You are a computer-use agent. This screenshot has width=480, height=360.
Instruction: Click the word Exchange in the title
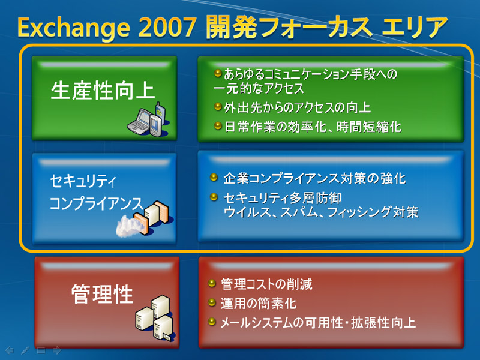click(x=74, y=28)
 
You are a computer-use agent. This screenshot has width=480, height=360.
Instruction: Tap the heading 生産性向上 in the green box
click(x=103, y=91)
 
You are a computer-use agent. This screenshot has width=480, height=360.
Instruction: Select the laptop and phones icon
click(x=148, y=119)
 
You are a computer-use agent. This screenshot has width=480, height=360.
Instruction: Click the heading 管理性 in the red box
click(x=102, y=294)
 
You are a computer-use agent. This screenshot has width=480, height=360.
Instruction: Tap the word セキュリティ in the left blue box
click(x=83, y=181)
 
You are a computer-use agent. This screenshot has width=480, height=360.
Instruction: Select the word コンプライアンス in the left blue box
click(x=97, y=203)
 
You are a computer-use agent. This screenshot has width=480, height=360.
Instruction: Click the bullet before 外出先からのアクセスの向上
click(x=218, y=107)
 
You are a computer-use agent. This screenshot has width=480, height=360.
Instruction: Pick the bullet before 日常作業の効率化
click(x=218, y=125)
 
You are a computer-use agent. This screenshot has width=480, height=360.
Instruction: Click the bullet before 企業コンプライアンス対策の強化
click(x=214, y=177)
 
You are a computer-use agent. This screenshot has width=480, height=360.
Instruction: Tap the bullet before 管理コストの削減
click(x=212, y=283)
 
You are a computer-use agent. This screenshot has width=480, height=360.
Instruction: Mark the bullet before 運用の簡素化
click(x=212, y=302)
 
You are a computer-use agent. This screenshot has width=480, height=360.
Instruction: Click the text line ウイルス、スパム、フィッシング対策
click(x=321, y=212)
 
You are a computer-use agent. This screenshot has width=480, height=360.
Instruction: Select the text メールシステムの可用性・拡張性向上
click(x=318, y=323)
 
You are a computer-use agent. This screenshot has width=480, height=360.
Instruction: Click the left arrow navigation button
click(x=10, y=350)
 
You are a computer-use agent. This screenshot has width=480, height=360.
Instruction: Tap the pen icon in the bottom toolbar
click(x=25, y=350)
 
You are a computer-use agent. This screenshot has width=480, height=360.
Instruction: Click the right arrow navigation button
click(x=57, y=350)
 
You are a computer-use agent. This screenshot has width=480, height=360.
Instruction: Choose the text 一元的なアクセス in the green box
click(x=259, y=88)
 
